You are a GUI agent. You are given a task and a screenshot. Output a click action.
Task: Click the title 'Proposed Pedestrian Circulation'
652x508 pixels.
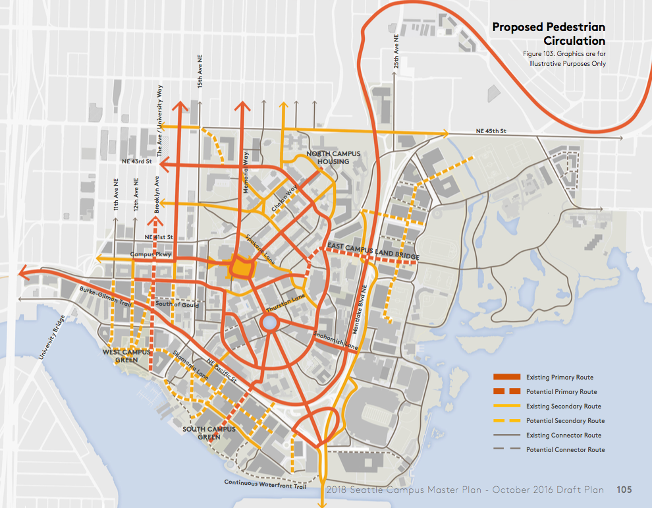tap(549, 34)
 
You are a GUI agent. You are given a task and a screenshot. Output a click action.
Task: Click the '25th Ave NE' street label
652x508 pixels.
tap(396, 53)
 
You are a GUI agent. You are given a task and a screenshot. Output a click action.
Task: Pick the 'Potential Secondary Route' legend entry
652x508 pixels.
tap(564, 420)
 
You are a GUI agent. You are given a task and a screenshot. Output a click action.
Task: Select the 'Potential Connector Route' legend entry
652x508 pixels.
tap(564, 449)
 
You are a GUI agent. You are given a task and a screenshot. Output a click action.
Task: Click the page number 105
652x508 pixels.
tap(624, 490)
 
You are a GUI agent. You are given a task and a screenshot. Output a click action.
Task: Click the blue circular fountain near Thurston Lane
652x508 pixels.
tap(269, 323)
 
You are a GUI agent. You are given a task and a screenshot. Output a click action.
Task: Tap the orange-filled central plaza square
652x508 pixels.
tap(242, 268)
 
